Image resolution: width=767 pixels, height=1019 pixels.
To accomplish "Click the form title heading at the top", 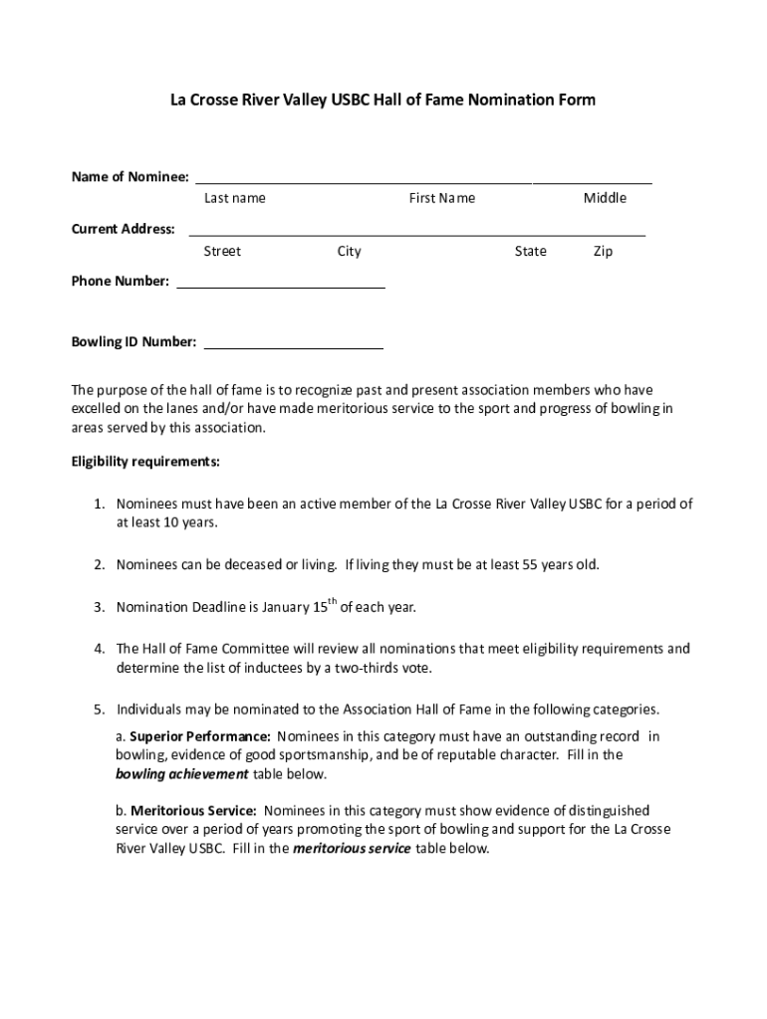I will [383, 100].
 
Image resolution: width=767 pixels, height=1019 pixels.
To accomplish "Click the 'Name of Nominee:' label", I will [129, 177].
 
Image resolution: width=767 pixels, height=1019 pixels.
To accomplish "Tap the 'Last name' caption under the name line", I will [235, 198].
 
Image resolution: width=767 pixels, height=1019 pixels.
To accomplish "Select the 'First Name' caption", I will [441, 198].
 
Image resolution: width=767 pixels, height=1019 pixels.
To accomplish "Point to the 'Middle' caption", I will [605, 198].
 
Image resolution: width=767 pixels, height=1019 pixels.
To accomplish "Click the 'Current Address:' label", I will [123, 229].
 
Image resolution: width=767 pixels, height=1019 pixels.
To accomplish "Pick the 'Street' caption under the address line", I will [222, 251].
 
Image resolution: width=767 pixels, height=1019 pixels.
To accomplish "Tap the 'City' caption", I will [349, 251].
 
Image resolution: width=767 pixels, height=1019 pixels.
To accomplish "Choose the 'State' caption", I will [530, 251].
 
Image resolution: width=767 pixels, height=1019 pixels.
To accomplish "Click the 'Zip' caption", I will [603, 251].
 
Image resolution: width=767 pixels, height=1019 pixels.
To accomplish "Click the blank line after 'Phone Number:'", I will [280, 285].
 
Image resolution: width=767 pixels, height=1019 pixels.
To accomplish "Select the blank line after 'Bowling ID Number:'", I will [293, 345].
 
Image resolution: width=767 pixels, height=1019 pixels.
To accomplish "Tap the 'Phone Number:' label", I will [120, 281].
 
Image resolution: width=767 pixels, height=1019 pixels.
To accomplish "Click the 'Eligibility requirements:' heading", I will [145, 462].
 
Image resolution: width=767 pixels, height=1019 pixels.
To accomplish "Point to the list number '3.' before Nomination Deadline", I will [100, 607].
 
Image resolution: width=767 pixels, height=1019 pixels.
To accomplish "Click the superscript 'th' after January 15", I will [334, 601].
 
